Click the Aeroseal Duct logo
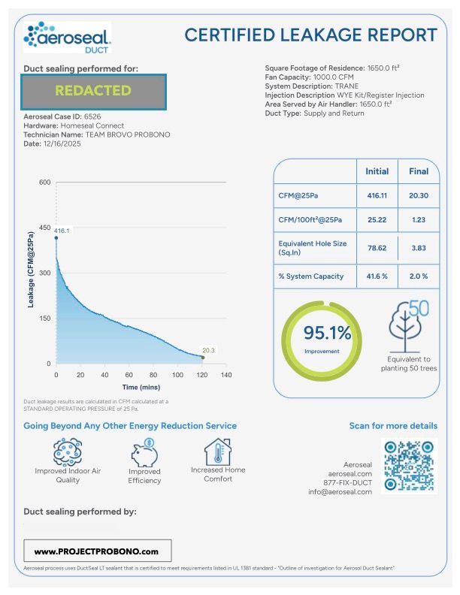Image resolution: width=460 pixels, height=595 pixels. (x=68, y=37)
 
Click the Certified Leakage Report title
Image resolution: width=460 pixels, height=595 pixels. (x=310, y=35)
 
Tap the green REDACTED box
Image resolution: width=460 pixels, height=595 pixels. (x=93, y=91)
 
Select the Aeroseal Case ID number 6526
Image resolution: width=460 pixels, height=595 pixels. (x=92, y=117)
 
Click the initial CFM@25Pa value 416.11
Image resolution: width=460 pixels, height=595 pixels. (x=377, y=194)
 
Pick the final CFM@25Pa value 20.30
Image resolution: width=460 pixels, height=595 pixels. (x=419, y=194)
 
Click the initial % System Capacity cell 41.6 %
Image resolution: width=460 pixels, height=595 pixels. (x=377, y=276)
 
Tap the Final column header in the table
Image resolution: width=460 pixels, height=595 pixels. (x=419, y=171)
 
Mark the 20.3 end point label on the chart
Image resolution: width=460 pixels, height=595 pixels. (x=208, y=349)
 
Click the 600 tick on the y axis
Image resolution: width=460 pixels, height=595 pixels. (x=45, y=183)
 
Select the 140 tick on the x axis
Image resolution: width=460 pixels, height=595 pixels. (x=225, y=374)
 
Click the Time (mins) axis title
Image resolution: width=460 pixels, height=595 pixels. (x=141, y=386)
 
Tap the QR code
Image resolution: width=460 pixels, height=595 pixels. (x=410, y=467)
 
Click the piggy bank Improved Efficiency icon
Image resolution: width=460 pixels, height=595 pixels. (x=144, y=453)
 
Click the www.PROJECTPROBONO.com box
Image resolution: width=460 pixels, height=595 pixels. (x=97, y=551)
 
